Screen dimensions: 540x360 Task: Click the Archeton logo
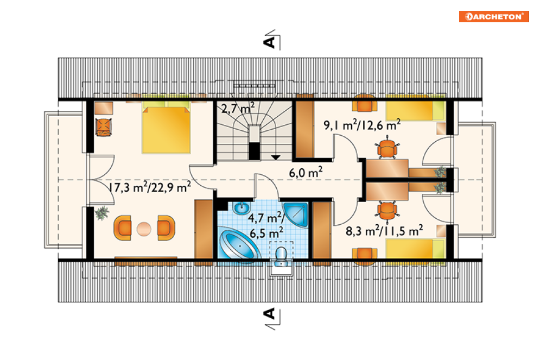[493, 16]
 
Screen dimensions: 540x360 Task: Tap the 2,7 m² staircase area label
[238, 108]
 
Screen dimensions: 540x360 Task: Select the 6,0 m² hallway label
[306, 172]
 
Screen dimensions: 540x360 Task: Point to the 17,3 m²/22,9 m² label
[149, 187]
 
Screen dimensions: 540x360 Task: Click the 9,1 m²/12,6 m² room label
[362, 125]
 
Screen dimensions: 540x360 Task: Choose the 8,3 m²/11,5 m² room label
[384, 230]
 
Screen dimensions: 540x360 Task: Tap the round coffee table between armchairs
[144, 229]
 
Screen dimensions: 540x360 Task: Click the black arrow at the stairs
[276, 157]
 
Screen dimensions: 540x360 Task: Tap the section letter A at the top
[269, 42]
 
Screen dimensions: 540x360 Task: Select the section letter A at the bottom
[269, 313]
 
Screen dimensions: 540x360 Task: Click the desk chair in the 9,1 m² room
[387, 148]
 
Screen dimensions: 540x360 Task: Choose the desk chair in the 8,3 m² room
[387, 211]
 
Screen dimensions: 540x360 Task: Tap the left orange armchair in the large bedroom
[123, 228]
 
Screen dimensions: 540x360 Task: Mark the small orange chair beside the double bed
[104, 127]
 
